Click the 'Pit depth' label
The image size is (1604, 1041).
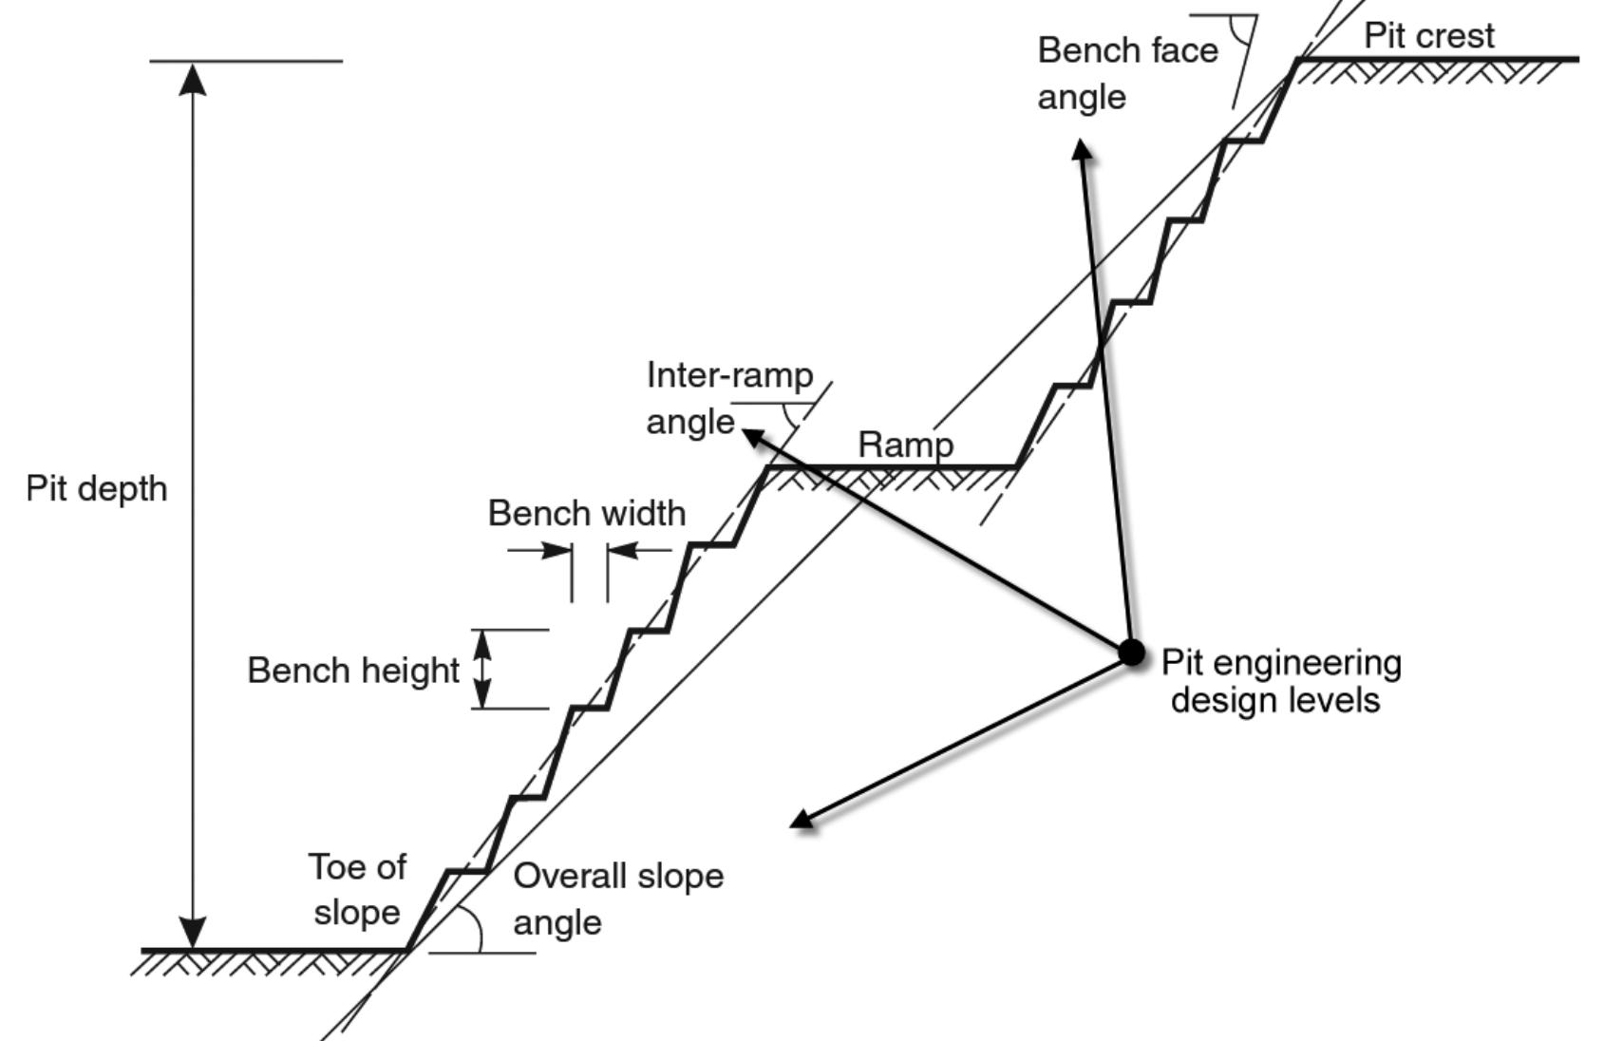pos(96,489)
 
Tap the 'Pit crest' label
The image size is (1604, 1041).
pos(1428,36)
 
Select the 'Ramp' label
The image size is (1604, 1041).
pos(905,445)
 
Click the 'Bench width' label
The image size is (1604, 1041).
pos(586,514)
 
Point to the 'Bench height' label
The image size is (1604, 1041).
pos(353,671)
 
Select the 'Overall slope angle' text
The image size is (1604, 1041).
pos(617,899)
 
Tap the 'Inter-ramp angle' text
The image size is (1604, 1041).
pos(728,398)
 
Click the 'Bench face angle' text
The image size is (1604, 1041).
pos(1126,73)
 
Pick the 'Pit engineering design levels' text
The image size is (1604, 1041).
pos(1279,681)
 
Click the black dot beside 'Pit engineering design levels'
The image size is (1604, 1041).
pos(1131,653)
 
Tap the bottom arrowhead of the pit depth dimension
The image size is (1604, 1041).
pos(193,933)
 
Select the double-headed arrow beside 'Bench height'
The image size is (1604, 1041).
pos(483,670)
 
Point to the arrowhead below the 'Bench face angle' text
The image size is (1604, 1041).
pos(1082,150)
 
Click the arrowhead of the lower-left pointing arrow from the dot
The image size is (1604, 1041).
pos(802,820)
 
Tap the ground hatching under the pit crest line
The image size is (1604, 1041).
pos(1434,72)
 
